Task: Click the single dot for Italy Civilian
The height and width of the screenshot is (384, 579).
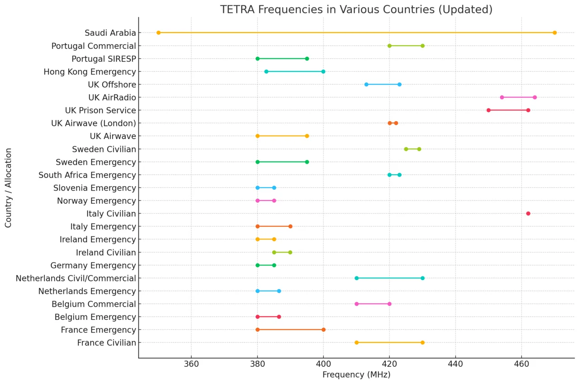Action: [x=528, y=213]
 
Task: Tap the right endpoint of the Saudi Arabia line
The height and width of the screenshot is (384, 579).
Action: [x=555, y=33]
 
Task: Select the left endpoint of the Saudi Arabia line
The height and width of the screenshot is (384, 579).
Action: [x=158, y=33]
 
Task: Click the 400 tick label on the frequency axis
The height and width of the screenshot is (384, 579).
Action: [x=323, y=364]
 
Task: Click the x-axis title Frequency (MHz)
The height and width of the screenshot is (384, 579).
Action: [x=356, y=375]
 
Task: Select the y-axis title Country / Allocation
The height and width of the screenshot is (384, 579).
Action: [x=9, y=187]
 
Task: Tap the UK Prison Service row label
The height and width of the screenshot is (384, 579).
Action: [x=100, y=110]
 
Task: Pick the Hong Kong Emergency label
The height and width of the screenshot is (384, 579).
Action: [x=90, y=71]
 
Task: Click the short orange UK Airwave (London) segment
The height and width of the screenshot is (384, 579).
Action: [x=393, y=123]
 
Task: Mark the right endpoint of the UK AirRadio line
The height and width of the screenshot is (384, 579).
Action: [x=535, y=97]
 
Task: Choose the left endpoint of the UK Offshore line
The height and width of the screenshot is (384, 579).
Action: [x=366, y=84]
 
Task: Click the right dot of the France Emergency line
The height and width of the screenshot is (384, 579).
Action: [x=323, y=329]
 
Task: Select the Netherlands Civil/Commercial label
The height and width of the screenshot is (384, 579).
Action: [x=76, y=278]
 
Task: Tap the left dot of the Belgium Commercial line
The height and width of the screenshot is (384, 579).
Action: [x=356, y=304]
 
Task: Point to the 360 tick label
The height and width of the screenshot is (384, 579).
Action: [x=191, y=364]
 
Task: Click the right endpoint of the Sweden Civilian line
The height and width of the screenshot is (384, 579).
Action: [x=419, y=149]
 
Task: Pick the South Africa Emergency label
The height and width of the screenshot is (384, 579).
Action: [x=87, y=175]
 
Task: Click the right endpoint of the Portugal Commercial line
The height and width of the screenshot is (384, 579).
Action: [x=422, y=46]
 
